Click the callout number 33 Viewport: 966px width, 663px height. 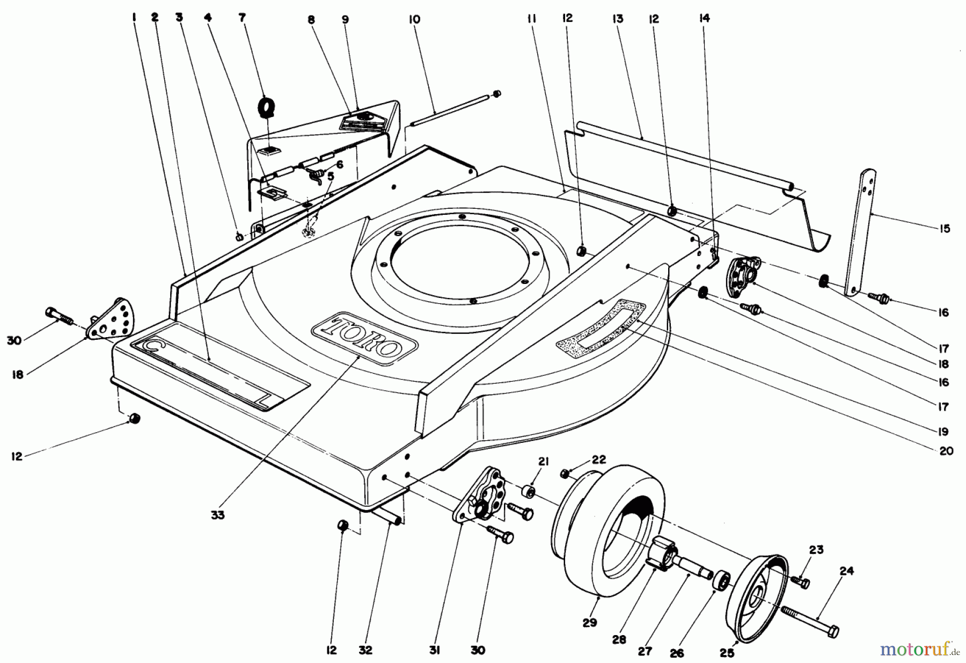[218, 515]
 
